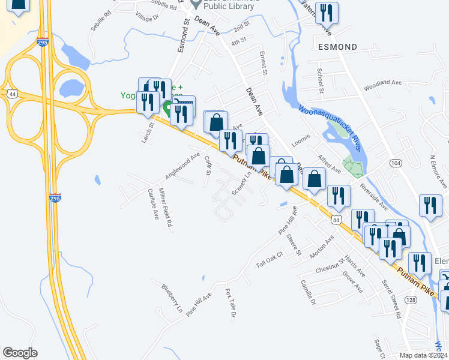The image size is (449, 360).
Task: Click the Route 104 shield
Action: (395, 163)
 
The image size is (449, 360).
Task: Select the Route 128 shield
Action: (411, 299)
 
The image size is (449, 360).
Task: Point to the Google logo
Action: (20, 353)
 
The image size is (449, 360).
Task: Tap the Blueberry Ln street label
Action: (171, 298)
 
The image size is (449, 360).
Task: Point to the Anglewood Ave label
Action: (182, 166)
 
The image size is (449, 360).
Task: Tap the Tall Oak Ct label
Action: (269, 259)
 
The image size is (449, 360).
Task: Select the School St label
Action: (321, 80)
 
